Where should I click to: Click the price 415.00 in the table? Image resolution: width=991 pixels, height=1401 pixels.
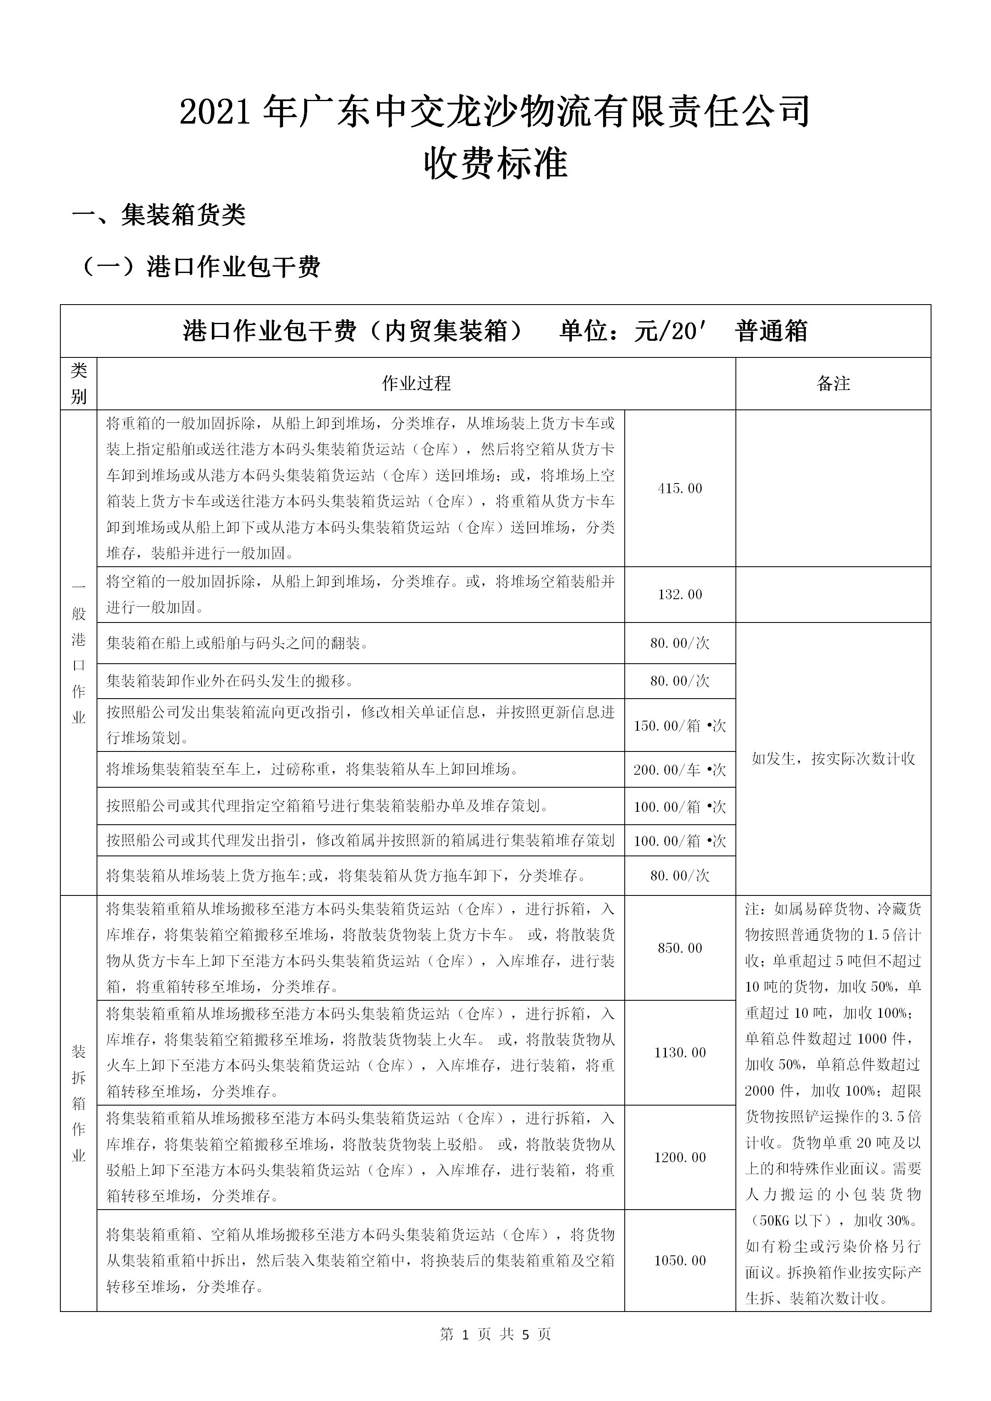click(680, 488)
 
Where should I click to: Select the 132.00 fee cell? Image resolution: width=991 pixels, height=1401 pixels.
click(680, 594)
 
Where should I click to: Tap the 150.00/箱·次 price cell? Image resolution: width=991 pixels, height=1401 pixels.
click(680, 726)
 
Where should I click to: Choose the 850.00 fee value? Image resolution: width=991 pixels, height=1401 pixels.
click(680, 947)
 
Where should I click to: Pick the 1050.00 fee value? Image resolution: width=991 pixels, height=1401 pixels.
click(680, 1260)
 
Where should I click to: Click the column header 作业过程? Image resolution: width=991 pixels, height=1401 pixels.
click(416, 383)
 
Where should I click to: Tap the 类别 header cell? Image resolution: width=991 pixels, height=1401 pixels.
click(79, 383)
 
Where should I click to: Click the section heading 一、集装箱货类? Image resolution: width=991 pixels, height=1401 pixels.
click(159, 215)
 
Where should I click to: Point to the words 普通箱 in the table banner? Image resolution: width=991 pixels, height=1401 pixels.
click(771, 331)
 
